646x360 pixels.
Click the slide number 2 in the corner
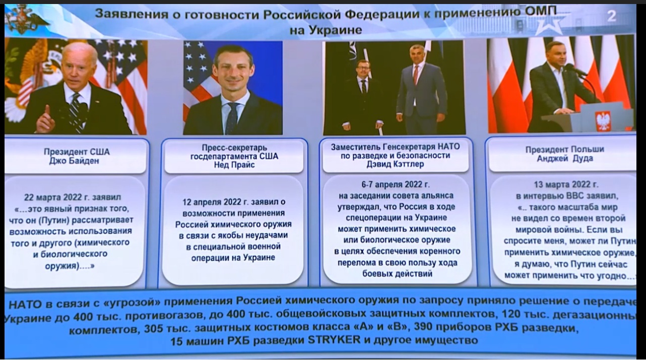611,16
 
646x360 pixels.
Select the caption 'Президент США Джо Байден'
77,156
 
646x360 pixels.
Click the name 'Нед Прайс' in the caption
234,165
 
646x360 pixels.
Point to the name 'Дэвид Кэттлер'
395,164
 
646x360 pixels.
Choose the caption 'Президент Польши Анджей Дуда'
564,154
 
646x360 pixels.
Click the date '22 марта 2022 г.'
56,197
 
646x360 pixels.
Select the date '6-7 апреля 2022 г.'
395,185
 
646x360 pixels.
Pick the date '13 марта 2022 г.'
566,185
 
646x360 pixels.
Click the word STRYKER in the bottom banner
334,340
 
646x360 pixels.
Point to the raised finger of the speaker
47,111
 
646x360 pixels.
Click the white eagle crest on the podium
603,121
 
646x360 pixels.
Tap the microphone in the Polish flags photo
575,70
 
